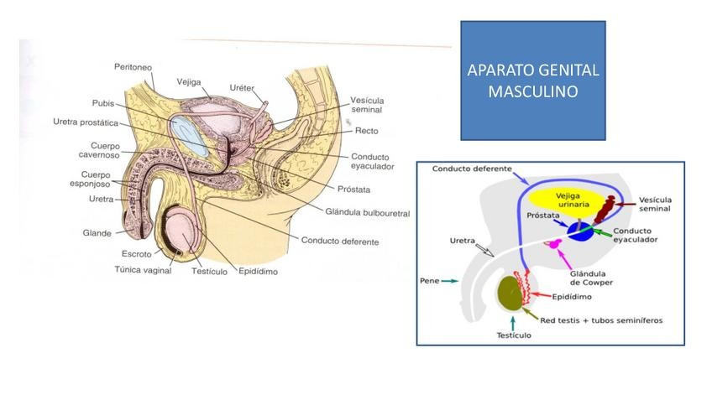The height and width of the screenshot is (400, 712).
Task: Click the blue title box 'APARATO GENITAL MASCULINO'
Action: (533, 81)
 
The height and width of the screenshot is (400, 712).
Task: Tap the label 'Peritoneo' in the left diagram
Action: (133, 66)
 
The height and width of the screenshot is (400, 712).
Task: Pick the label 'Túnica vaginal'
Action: (143, 270)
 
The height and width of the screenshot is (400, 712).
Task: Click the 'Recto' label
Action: (367, 131)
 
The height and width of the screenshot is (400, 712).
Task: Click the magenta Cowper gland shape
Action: (555, 244)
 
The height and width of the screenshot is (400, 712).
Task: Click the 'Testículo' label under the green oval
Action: (511, 335)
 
